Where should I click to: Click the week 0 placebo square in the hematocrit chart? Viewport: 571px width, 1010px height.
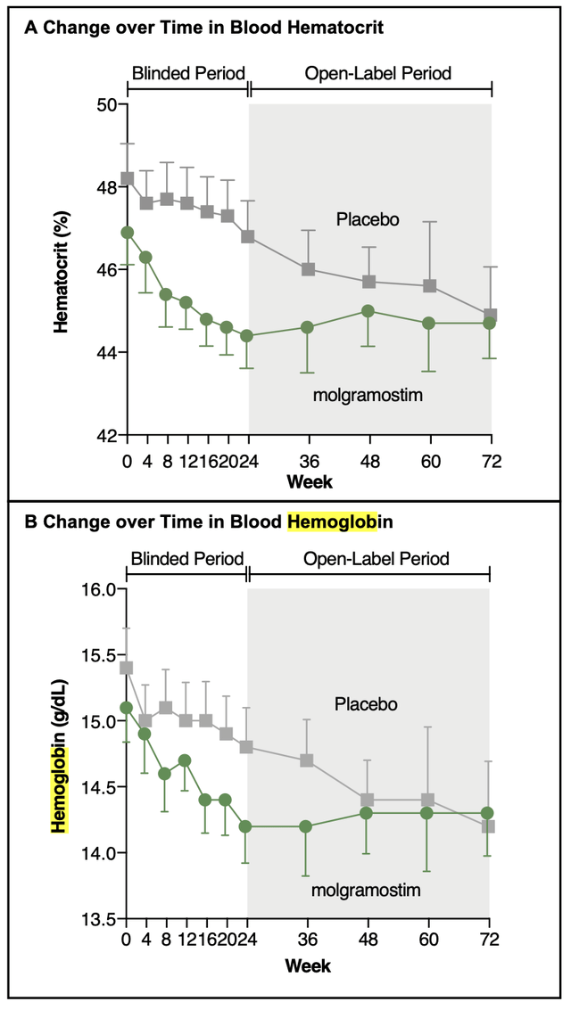128,178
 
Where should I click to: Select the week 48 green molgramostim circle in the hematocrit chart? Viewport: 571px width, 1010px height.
368,311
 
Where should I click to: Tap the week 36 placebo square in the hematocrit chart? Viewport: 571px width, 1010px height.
309,269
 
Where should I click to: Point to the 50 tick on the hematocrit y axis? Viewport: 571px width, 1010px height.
124,104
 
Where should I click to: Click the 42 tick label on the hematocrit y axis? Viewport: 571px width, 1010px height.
107,435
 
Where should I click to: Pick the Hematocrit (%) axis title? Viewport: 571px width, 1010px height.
62,270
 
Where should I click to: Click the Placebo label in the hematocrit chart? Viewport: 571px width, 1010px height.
368,219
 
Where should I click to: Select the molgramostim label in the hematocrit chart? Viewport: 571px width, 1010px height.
368,394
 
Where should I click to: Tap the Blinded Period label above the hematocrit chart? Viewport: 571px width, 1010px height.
188,73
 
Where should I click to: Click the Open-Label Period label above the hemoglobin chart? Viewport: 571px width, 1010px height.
377,558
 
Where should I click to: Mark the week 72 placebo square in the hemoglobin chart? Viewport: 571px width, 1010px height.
489,826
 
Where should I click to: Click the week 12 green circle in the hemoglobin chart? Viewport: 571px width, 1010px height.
185,760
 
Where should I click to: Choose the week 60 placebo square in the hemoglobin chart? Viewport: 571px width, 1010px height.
428,800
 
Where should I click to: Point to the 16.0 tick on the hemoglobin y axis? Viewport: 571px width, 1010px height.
122,589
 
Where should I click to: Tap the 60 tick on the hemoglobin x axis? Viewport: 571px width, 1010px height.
428,922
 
